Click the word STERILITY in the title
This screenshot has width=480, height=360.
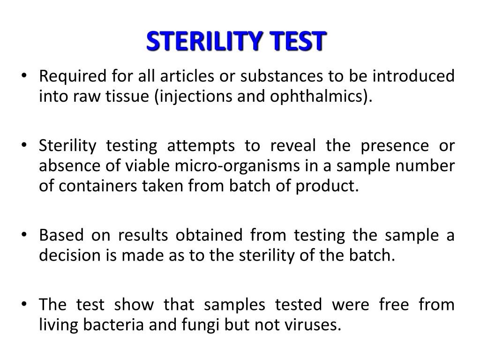click(x=204, y=41)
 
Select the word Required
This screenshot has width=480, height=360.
click(x=73, y=76)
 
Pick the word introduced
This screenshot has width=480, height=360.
click(x=413, y=76)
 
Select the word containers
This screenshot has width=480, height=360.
click(x=97, y=186)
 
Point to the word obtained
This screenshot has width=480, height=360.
click(x=209, y=235)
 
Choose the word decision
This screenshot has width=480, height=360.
click(x=70, y=255)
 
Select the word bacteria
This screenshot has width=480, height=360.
click(x=113, y=324)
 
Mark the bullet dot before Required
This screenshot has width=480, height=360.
click(x=24, y=75)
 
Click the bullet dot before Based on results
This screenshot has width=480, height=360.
click(x=24, y=234)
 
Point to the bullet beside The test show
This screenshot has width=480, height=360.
click(x=24, y=304)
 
